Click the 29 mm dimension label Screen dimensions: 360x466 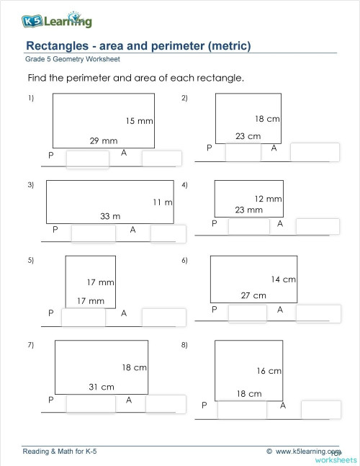click(103, 141)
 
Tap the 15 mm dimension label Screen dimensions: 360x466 click(139, 122)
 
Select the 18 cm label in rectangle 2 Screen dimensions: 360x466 click(267, 119)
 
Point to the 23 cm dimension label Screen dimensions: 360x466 click(248, 135)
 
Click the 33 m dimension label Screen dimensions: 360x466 click(110, 215)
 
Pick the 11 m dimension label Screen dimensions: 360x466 click(163, 202)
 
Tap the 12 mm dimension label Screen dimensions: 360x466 click(268, 198)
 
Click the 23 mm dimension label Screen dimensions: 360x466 click(249, 210)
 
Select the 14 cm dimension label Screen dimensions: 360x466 click(283, 279)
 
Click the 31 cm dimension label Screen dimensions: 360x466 click(102, 387)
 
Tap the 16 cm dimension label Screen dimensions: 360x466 click(269, 371)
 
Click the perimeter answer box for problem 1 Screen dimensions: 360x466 click(87, 160)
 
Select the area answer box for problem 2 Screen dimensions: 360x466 click(314, 152)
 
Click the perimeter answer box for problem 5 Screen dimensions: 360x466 click(83, 318)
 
